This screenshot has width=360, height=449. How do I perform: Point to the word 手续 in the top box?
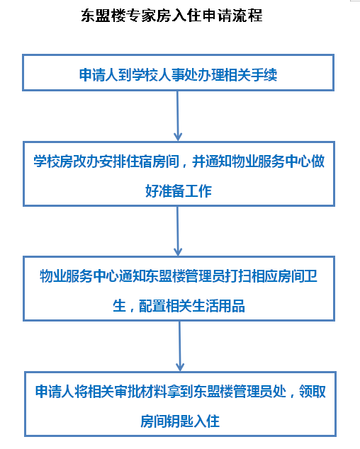point(264,75)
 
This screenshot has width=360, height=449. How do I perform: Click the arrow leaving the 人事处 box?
point(178,115)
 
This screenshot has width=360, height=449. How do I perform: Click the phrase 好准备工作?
point(179,191)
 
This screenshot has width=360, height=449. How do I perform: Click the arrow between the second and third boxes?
point(178,231)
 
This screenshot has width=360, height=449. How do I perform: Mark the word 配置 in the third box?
point(152,306)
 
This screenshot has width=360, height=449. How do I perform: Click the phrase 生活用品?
point(218,306)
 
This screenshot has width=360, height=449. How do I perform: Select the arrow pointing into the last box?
point(180,346)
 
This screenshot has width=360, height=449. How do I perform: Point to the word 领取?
point(313,392)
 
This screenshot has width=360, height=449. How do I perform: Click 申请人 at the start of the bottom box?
point(55,392)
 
